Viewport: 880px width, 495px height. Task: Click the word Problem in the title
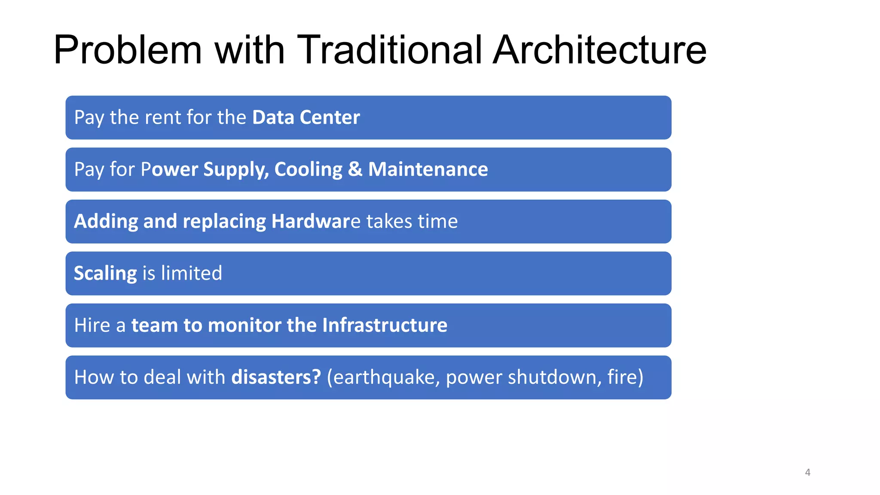[x=128, y=50]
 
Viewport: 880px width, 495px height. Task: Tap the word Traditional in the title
[x=389, y=50]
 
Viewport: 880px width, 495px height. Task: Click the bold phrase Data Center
[x=306, y=117]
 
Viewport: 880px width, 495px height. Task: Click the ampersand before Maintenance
[x=355, y=169]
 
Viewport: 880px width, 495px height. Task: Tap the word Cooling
[x=308, y=169]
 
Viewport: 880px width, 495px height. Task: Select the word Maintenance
[x=428, y=169]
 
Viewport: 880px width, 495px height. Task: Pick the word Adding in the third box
[x=106, y=222]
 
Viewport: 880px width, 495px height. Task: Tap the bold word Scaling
[x=105, y=274]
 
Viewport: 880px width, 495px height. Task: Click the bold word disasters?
[x=276, y=377]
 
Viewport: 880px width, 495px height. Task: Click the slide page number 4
[x=807, y=472]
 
